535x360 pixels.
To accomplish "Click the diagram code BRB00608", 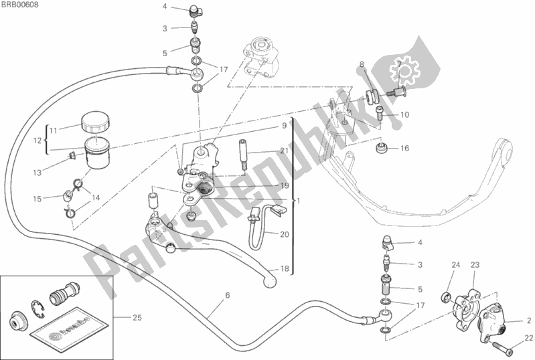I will coord(19,5).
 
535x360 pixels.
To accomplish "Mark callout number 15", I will coord(37,198).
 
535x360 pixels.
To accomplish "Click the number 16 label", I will coord(404,149).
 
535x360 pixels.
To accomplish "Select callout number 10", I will coord(404,115).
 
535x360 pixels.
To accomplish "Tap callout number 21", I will coord(284,151).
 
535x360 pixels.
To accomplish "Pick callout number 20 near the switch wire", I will coord(284,234).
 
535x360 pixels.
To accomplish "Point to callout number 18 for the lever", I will coord(284,269).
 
